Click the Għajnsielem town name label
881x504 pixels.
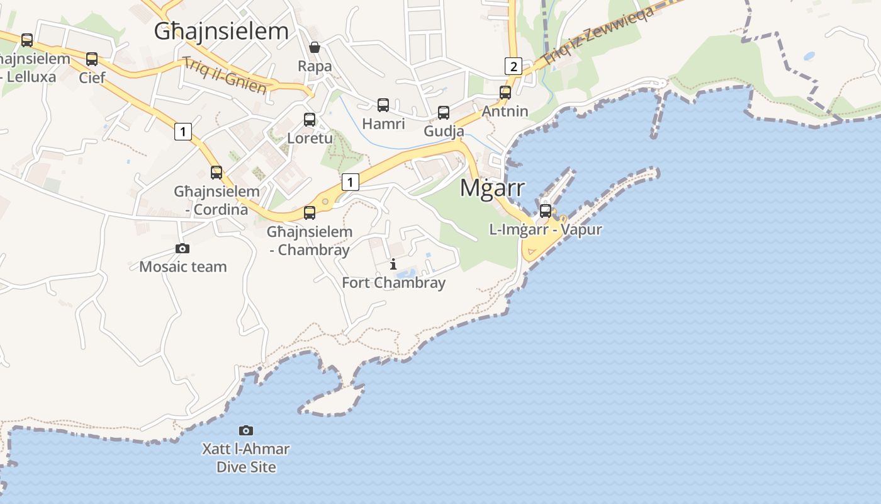(222, 31)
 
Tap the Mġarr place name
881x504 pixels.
(492, 187)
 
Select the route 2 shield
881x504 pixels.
(513, 66)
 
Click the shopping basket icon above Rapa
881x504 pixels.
(315, 47)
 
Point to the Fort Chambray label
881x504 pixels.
(393, 283)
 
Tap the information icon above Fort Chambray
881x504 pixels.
(393, 264)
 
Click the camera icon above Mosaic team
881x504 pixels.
(182, 248)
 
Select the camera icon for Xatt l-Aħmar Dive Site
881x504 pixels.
(246, 430)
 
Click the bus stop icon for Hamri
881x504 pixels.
(383, 105)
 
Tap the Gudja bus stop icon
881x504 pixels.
(444, 113)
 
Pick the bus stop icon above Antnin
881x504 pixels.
(505, 93)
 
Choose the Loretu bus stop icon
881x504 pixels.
(310, 119)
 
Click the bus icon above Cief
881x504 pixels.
(92, 59)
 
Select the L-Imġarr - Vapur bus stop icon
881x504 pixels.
(546, 210)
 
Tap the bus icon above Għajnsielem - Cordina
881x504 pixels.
(216, 172)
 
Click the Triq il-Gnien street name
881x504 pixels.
(225, 75)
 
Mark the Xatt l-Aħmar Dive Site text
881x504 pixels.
(246, 458)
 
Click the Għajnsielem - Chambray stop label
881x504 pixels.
(309, 241)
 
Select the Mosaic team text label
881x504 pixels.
(182, 266)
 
